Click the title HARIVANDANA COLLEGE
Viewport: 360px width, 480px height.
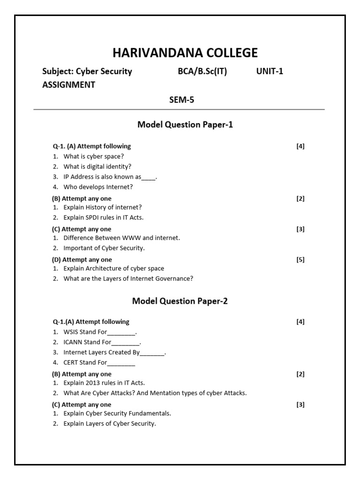pyautogui.click(x=185, y=52)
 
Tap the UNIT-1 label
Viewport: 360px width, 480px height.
pyautogui.click(x=270, y=71)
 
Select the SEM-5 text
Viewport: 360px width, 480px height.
pyautogui.click(x=181, y=99)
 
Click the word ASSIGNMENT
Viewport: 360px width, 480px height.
pyautogui.click(x=69, y=85)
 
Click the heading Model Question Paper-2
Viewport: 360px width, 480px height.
pyautogui.click(x=180, y=301)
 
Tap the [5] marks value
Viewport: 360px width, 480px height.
pyautogui.click(x=300, y=260)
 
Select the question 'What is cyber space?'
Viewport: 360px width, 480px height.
pyautogui.click(x=94, y=156)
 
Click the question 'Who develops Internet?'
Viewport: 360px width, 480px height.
pyautogui.click(x=98, y=187)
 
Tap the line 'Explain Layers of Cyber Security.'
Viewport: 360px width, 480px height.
pyautogui.click(x=110, y=423)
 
